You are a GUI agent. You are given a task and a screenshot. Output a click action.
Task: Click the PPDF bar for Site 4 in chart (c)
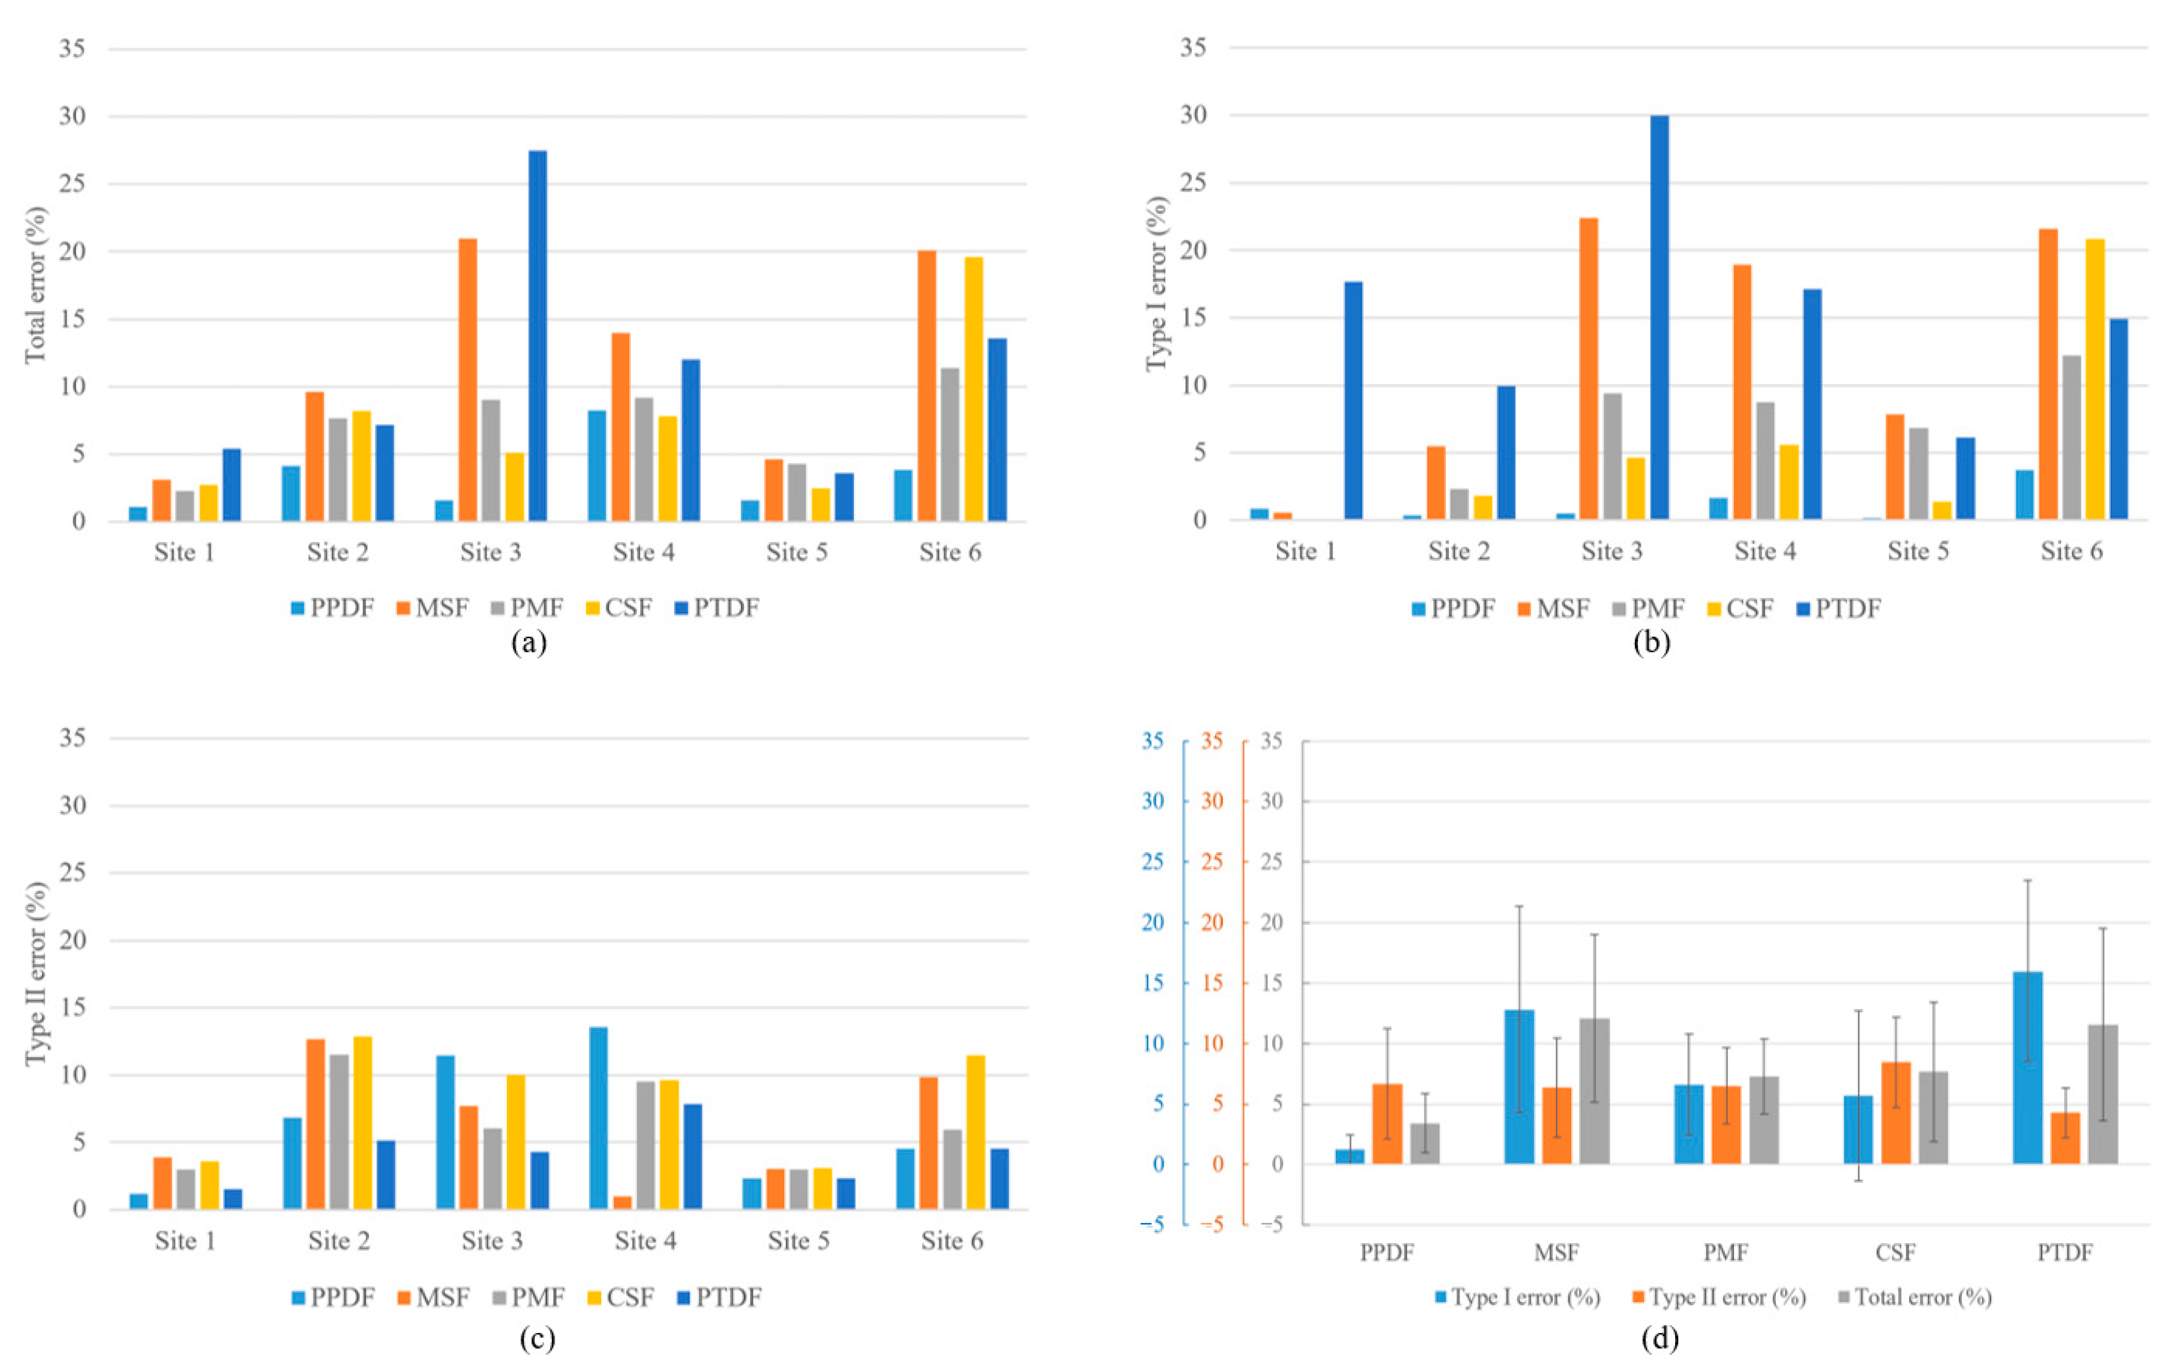598,1118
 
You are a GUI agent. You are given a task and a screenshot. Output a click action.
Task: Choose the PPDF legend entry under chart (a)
332,608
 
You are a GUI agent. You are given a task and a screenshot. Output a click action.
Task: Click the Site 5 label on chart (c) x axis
798,1241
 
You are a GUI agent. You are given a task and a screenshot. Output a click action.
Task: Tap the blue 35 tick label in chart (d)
1152,741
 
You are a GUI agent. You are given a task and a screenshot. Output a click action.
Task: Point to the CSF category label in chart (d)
1895,1252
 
